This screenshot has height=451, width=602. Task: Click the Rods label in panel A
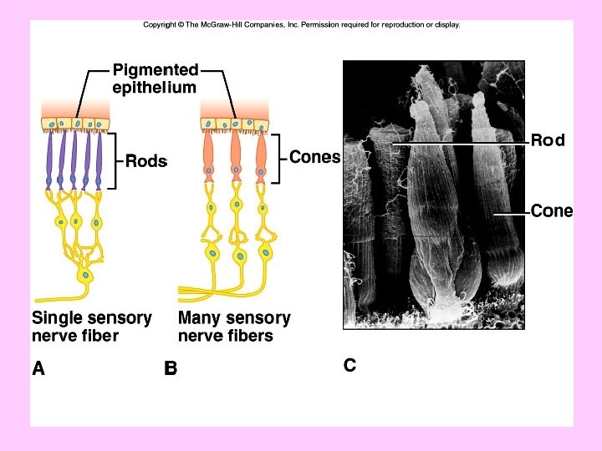point(146,162)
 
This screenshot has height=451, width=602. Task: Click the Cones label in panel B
point(314,156)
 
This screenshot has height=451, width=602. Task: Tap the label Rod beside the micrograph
point(548,140)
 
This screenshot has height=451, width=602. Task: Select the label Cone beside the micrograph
point(552,211)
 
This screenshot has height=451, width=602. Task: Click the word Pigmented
point(156,69)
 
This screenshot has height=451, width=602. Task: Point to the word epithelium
point(155,87)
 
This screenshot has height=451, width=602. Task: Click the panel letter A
point(38,367)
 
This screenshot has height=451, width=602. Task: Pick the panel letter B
point(171,367)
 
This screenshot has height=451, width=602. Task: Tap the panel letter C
point(349,365)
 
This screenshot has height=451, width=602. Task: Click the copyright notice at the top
point(301,25)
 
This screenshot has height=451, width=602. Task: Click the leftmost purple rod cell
point(49,159)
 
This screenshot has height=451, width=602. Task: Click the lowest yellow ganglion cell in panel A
point(84,274)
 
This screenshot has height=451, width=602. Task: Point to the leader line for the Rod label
point(460,143)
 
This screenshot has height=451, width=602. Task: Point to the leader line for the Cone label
point(510,213)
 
